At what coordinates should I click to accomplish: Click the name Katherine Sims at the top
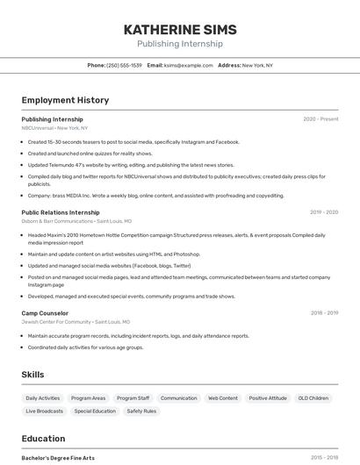(x=180, y=29)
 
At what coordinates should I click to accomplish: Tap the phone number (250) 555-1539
(x=124, y=65)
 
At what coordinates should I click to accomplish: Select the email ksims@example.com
(x=188, y=65)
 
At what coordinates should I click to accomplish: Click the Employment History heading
(x=65, y=100)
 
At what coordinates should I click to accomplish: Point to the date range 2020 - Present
(x=320, y=119)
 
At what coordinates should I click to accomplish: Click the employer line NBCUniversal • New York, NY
(x=54, y=128)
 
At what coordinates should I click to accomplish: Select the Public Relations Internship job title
(x=61, y=212)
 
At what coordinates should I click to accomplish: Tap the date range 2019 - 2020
(x=324, y=212)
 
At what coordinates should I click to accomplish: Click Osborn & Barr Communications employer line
(x=76, y=221)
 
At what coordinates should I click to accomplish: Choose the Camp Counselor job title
(x=45, y=313)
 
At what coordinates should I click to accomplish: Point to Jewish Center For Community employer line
(x=76, y=322)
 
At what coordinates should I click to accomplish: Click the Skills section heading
(x=32, y=375)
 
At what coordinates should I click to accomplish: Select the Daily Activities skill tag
(x=43, y=398)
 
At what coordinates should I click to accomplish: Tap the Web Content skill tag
(x=222, y=398)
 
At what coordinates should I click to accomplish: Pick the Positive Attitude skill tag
(x=268, y=398)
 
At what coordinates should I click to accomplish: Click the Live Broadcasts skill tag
(x=44, y=411)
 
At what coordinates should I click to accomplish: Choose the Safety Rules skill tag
(x=141, y=411)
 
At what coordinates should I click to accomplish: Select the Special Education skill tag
(x=95, y=411)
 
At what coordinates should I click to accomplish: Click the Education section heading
(x=43, y=439)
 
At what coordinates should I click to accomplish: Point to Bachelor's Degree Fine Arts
(x=58, y=458)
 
